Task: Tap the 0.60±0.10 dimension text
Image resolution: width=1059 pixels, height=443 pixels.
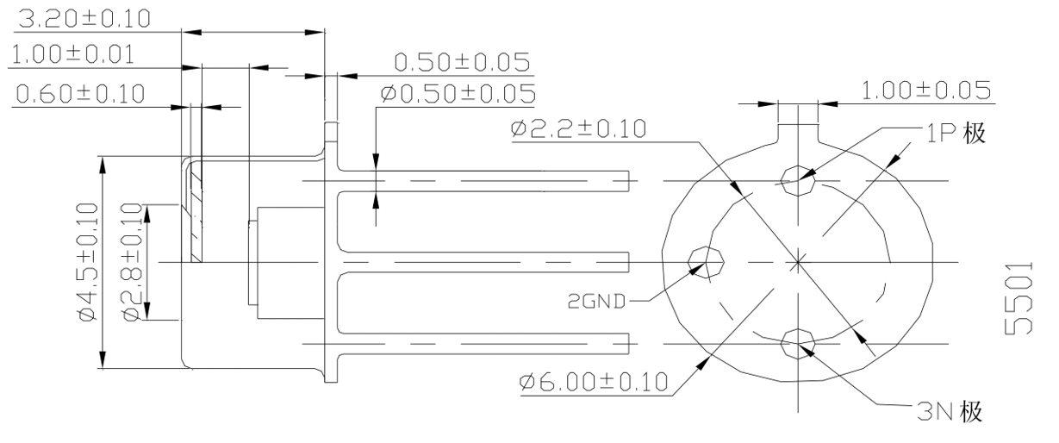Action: click(x=80, y=92)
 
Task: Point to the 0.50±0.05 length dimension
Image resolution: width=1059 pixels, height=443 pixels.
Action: click(x=461, y=62)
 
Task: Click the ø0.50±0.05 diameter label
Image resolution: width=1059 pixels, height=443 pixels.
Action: click(x=456, y=92)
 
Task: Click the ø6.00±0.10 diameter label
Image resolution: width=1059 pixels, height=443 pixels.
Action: click(x=594, y=381)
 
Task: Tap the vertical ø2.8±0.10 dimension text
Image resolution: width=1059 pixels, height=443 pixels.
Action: click(x=131, y=262)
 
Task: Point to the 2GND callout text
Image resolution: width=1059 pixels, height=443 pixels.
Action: click(x=596, y=302)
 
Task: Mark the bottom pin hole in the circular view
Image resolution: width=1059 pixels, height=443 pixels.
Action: click(x=798, y=344)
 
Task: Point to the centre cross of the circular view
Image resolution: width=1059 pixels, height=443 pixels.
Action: click(x=799, y=260)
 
